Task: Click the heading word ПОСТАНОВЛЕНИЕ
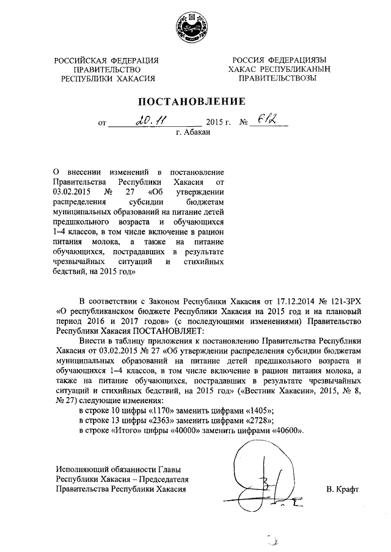point(194,101)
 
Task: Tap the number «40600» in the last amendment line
point(287,431)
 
